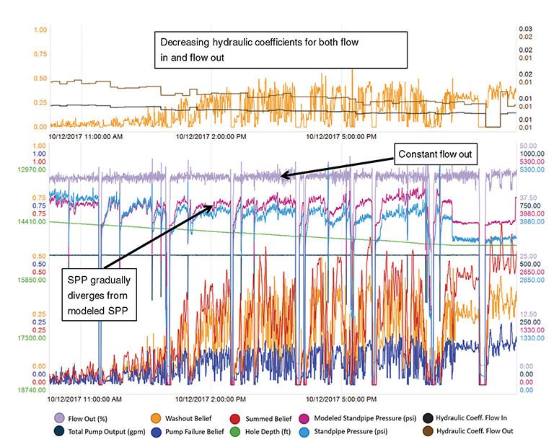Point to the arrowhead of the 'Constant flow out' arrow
click(x=283, y=174)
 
